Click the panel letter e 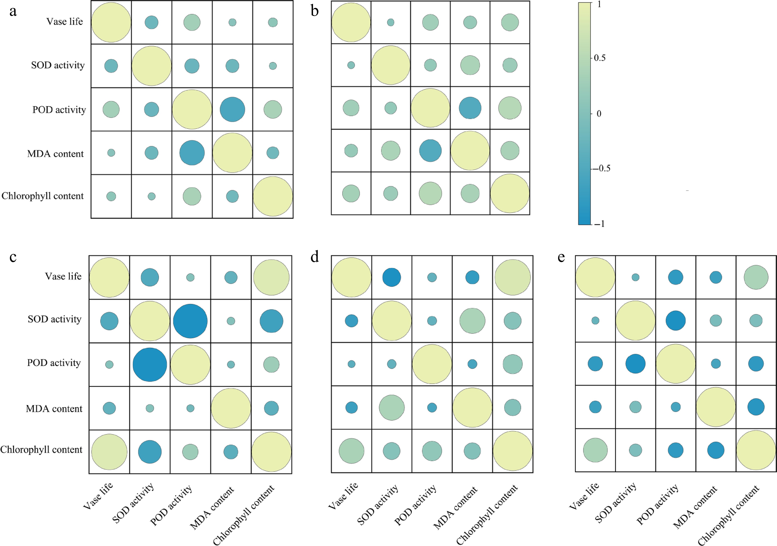click(561, 257)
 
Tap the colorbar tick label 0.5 click(600, 58)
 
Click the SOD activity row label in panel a click(58, 65)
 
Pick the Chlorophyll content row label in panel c click(41, 450)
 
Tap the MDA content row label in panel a click(55, 154)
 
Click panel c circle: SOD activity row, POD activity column click(190, 321)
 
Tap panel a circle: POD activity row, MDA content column click(232, 109)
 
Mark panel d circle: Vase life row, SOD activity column click(392, 277)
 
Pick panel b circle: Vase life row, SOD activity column click(391, 22)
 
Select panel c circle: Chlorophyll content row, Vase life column click(109, 452)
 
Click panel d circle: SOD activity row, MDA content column click(472, 320)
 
